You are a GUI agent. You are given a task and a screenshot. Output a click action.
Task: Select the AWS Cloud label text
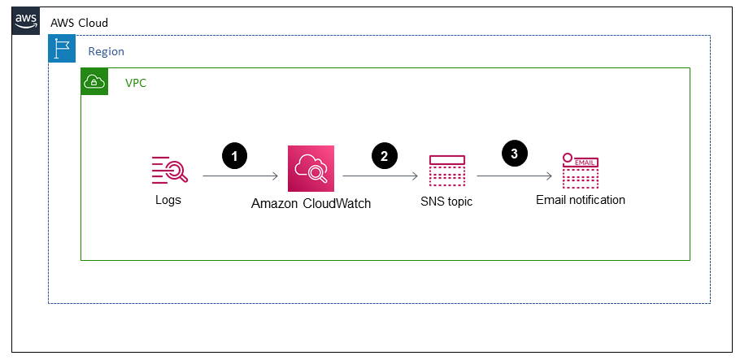(x=79, y=23)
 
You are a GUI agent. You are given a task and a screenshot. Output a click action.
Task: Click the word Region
(x=106, y=51)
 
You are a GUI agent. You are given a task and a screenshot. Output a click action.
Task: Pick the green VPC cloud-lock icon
(x=95, y=81)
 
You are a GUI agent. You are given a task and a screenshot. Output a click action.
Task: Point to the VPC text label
(x=136, y=83)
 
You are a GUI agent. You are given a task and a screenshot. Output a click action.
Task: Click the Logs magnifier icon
(x=169, y=169)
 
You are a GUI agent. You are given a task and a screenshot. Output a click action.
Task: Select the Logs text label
(x=168, y=200)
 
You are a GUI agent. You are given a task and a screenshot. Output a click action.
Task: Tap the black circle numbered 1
(x=234, y=156)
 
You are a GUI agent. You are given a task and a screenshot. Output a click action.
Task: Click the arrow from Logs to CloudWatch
(x=241, y=176)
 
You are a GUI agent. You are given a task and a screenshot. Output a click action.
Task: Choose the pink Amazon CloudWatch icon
(x=311, y=169)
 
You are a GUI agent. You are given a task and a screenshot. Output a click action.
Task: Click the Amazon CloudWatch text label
(x=311, y=204)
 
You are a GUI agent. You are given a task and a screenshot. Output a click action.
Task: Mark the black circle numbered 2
(x=384, y=156)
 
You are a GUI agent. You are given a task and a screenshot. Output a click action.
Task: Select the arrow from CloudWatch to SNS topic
(x=381, y=176)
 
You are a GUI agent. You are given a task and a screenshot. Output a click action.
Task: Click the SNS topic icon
(x=446, y=171)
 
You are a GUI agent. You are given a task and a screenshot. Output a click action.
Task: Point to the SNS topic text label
(x=446, y=202)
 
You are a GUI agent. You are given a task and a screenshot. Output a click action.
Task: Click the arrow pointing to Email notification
(x=515, y=176)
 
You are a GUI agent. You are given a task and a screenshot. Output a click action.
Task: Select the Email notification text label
(x=580, y=200)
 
